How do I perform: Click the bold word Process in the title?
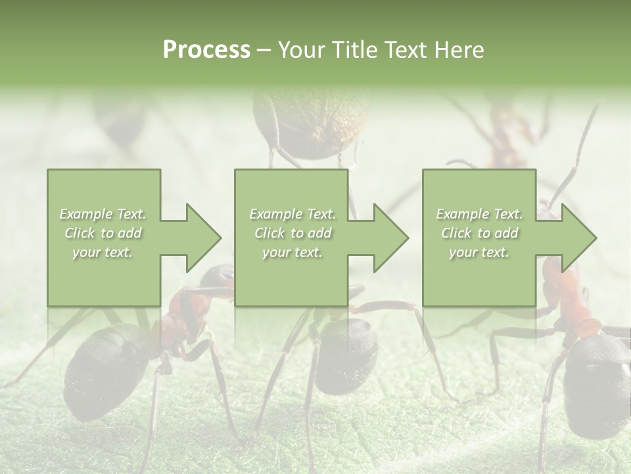pos(206,50)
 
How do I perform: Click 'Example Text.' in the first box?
pos(103,214)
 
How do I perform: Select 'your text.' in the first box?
pos(103,252)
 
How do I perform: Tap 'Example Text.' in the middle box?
pos(292,214)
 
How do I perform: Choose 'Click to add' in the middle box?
pos(292,233)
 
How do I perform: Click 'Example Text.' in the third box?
pos(479,214)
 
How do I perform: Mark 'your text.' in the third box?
pos(479,252)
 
